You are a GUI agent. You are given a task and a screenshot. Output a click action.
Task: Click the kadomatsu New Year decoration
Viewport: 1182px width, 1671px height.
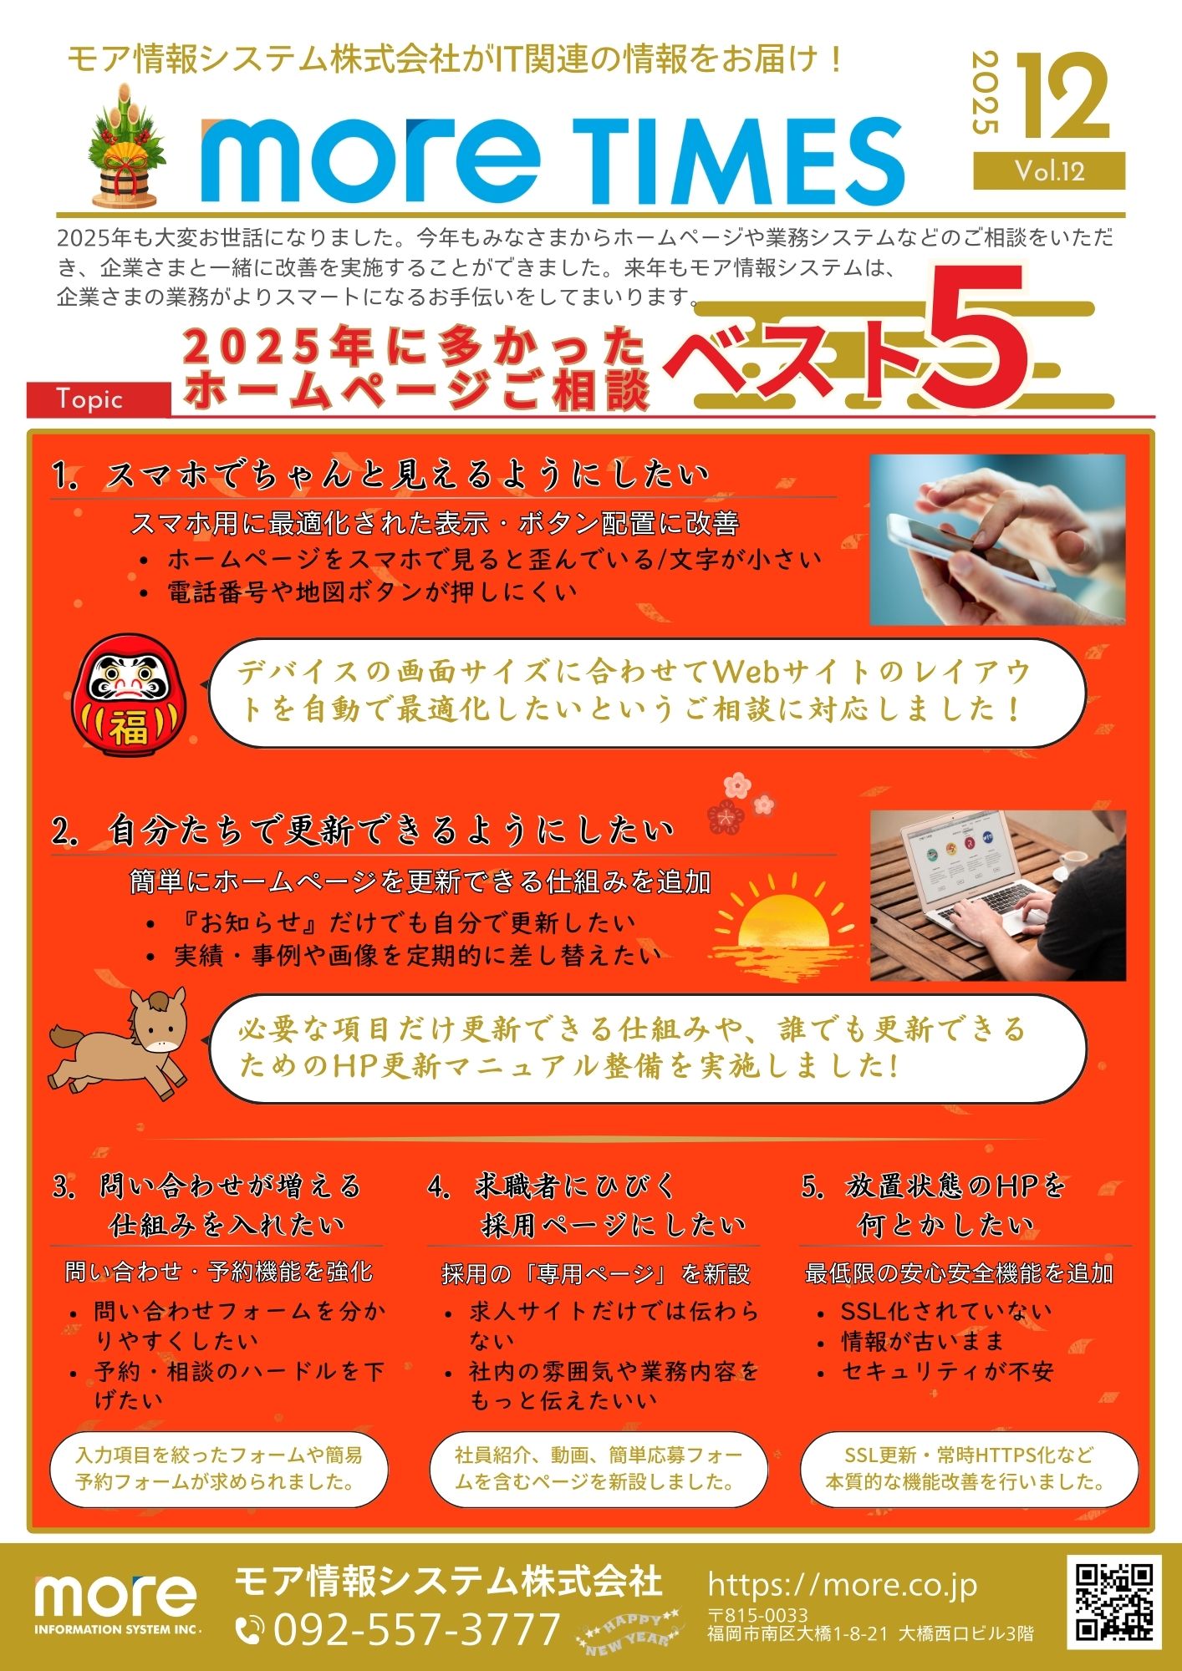pyautogui.click(x=126, y=147)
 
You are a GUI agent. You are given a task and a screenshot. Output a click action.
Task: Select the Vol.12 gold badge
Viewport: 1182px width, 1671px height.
pyautogui.click(x=1049, y=171)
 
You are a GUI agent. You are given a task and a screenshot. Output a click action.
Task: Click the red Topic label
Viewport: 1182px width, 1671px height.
pyautogui.click(x=99, y=399)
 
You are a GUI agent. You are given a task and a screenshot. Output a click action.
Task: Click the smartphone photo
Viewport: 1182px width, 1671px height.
pyautogui.click(x=997, y=540)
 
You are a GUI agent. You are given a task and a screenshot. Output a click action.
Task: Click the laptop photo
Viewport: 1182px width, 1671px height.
pyautogui.click(x=997, y=895)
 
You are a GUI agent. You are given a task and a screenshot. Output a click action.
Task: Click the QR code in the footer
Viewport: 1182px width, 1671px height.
pyautogui.click(x=1114, y=1602)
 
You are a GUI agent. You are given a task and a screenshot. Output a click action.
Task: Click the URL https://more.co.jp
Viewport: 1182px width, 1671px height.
pyautogui.click(x=842, y=1584)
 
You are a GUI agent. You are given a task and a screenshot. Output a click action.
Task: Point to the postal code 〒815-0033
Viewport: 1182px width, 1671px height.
pyautogui.click(x=758, y=1615)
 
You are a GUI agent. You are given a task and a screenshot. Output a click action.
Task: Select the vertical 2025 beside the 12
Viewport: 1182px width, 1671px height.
pyautogui.click(x=986, y=93)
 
